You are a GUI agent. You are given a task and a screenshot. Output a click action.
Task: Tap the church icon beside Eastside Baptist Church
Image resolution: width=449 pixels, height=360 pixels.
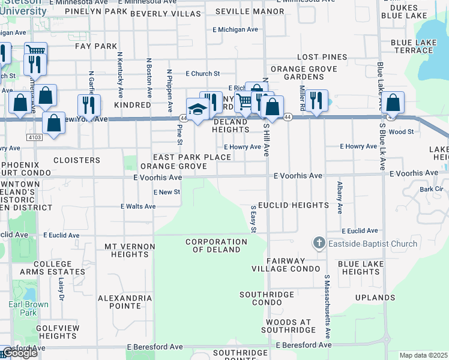click(x=319, y=244)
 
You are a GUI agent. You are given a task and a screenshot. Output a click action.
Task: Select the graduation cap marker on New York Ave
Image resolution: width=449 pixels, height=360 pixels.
click(x=196, y=109)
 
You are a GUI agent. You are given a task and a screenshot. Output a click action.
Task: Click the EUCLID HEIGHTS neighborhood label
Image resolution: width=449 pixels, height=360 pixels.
click(x=294, y=205)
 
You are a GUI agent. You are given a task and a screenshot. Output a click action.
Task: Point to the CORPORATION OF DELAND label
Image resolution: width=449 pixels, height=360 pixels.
click(x=216, y=246)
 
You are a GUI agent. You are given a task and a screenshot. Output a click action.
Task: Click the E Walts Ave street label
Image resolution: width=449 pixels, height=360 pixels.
click(x=138, y=206)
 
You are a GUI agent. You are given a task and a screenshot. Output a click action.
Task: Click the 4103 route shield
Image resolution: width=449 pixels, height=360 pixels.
click(x=34, y=137)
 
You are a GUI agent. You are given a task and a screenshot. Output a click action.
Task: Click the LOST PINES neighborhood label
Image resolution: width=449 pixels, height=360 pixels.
click(x=322, y=57)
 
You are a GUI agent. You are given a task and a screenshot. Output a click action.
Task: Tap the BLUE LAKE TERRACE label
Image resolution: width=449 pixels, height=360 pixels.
click(x=416, y=46)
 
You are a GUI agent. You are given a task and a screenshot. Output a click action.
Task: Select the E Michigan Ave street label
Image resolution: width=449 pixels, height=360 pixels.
click(x=235, y=29)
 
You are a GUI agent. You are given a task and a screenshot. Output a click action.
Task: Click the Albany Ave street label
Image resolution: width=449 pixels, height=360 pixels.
click(x=340, y=197)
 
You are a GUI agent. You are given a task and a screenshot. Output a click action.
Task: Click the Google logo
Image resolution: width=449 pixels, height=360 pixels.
click(x=19, y=353)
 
